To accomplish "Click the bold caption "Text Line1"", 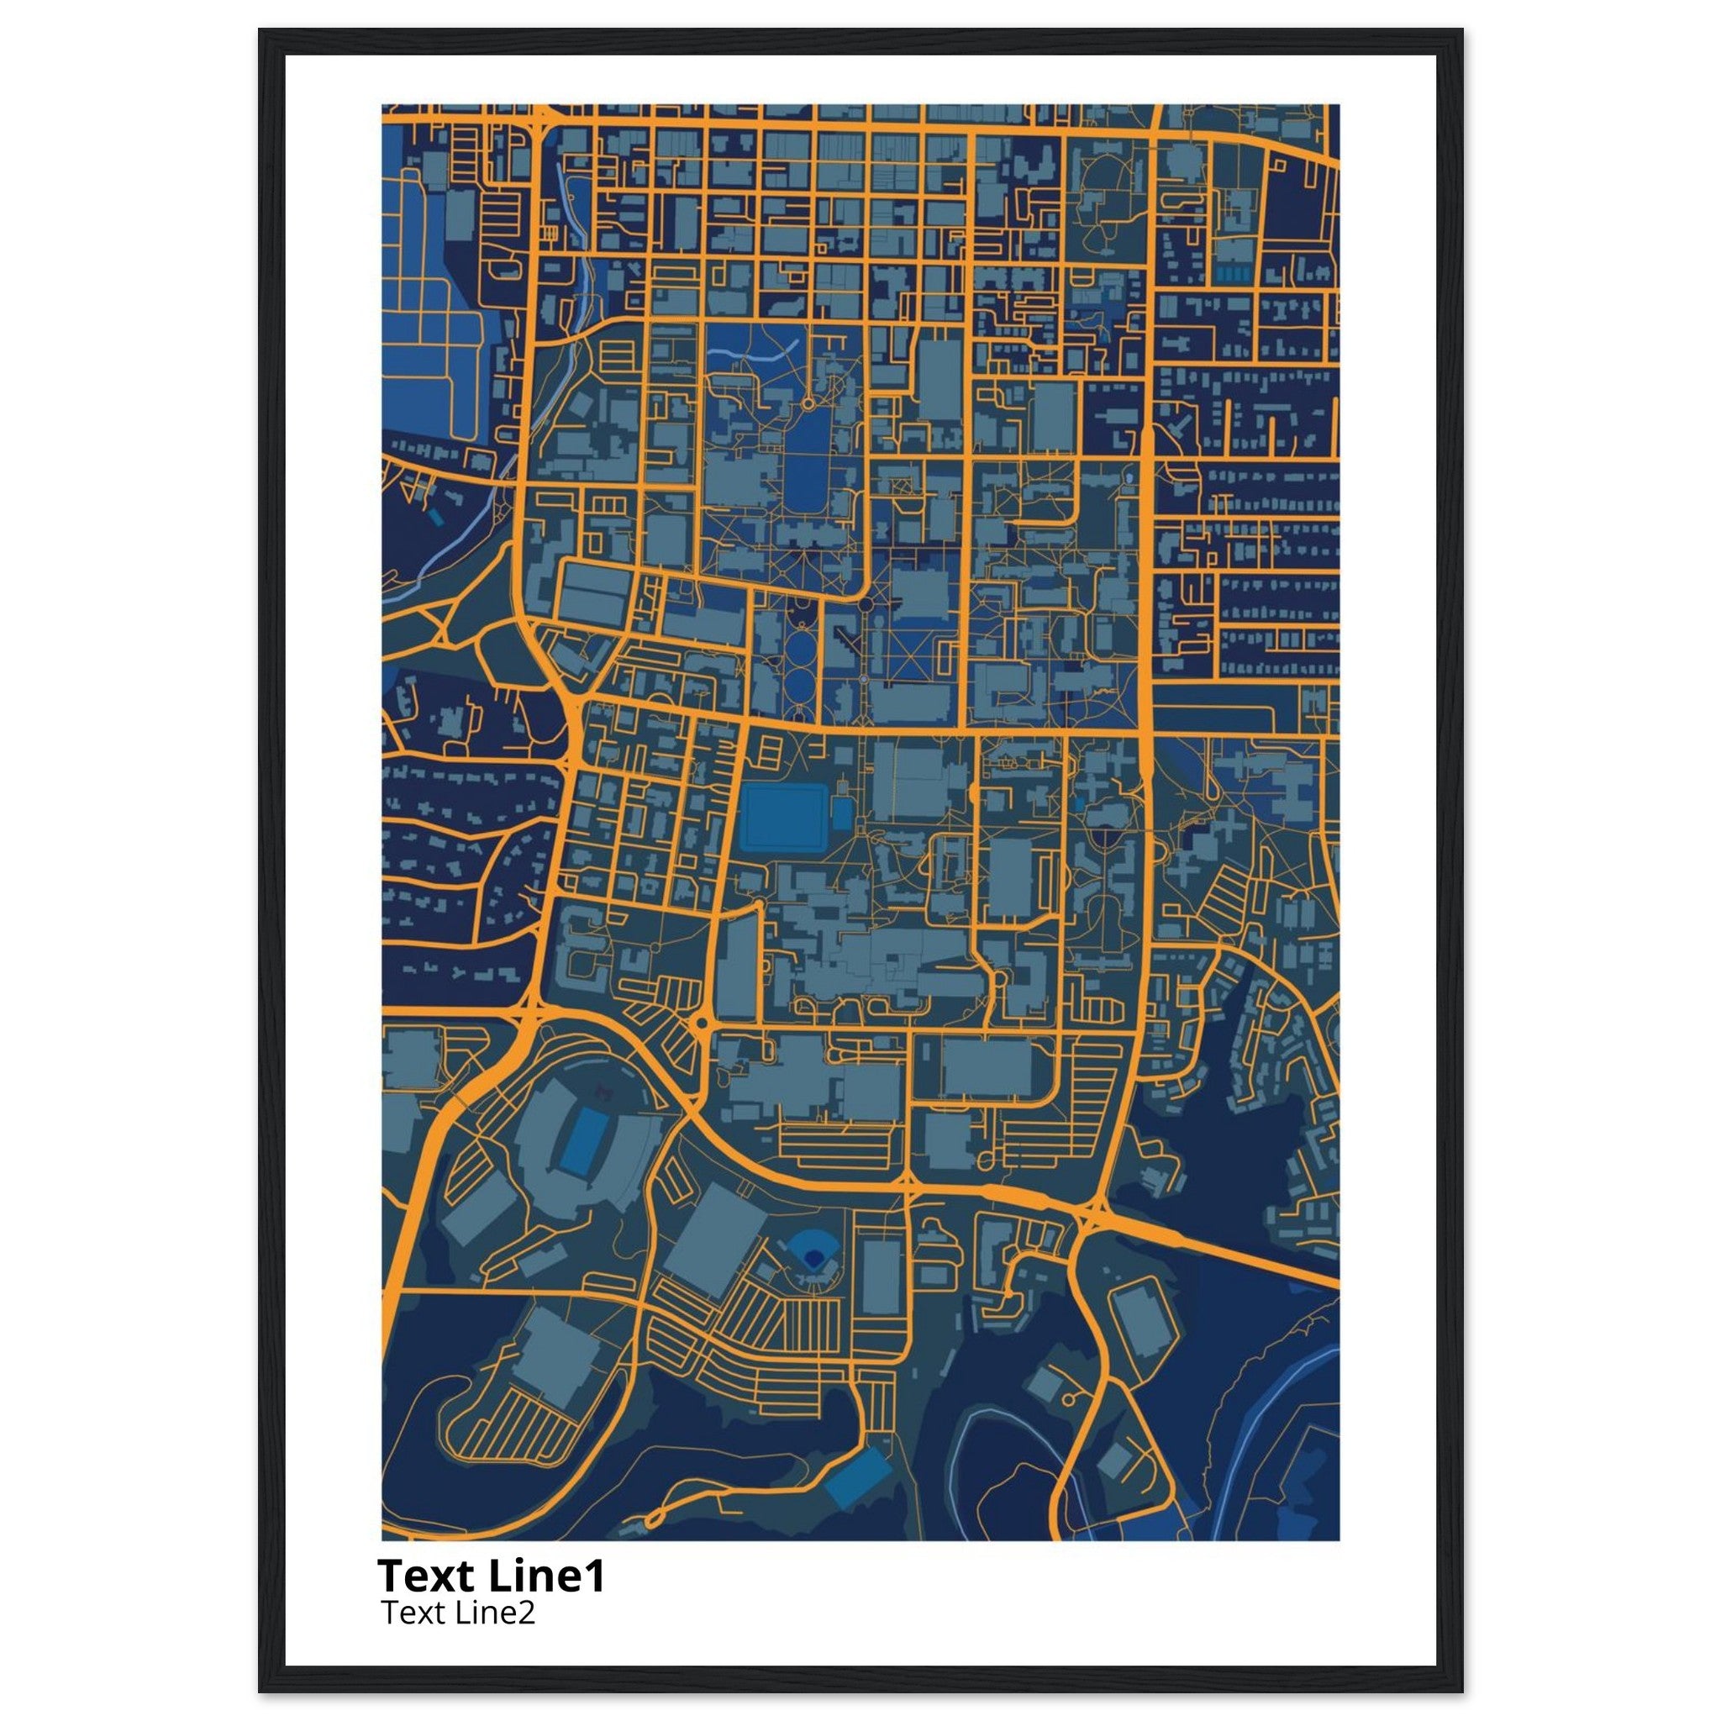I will [491, 1576].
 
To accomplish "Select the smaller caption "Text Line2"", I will [458, 1613].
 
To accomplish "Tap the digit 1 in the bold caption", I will [595, 1576].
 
